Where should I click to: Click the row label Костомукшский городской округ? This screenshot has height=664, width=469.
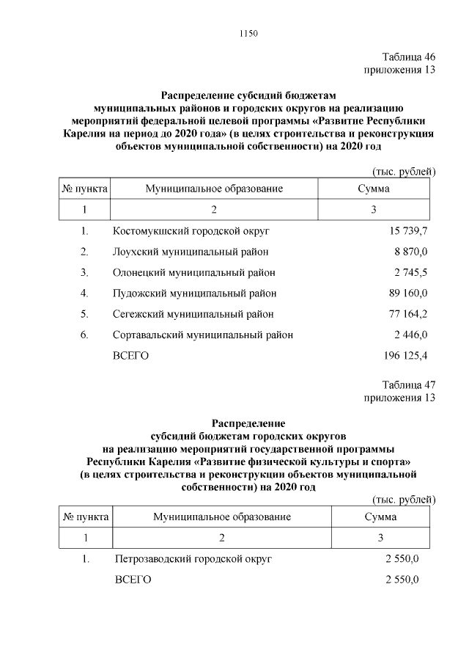[x=192, y=231]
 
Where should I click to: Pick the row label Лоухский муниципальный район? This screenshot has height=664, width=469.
[x=191, y=252]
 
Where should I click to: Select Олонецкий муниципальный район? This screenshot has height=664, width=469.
[x=194, y=273]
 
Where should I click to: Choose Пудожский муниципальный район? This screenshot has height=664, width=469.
[x=195, y=293]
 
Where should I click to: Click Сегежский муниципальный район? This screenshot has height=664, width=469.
[x=193, y=314]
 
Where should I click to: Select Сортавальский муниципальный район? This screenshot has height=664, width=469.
[x=203, y=335]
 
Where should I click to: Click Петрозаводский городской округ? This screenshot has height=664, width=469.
[x=193, y=559]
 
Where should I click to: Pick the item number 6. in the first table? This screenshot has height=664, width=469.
[x=85, y=335]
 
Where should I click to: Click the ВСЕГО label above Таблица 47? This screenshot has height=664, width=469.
[x=131, y=356]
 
